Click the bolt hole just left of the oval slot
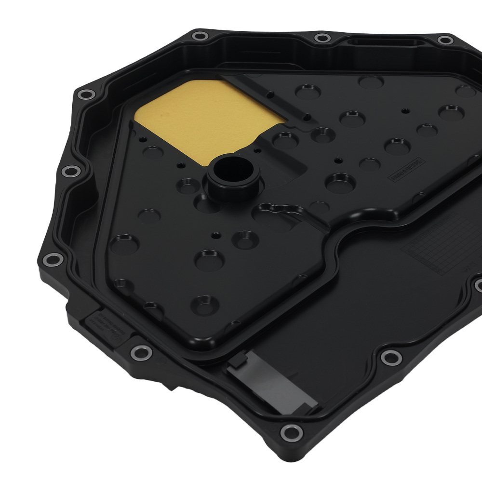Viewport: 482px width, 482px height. (320, 38)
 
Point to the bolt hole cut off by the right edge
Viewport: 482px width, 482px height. (478, 285)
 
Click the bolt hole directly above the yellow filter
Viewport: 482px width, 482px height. (198, 36)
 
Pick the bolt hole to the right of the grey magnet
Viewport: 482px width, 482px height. (389, 357)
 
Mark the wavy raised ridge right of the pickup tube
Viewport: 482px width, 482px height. (280, 212)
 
